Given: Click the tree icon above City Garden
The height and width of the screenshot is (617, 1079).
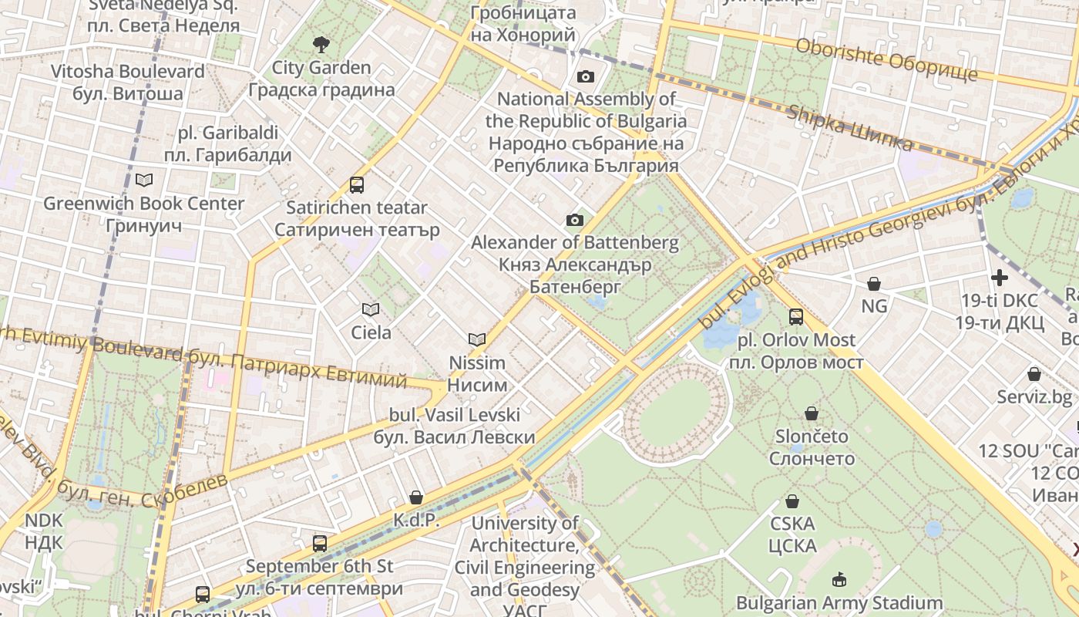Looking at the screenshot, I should pos(321,45).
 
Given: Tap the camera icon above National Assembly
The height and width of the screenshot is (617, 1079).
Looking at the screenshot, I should pos(586,76).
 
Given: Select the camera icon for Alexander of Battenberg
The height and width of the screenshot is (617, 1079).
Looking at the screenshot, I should pos(574,221).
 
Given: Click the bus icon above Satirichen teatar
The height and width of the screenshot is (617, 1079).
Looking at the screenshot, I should pos(356,185).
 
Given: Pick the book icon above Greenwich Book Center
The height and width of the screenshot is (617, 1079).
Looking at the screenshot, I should pos(143,180).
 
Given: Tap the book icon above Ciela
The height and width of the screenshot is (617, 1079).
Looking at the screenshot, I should pos(371,310).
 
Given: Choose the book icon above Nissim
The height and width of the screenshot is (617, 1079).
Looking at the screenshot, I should pos(477,339).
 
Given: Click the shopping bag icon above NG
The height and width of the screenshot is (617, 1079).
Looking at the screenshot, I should pos(874,284).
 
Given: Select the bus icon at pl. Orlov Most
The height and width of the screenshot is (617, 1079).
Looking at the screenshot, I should pos(796,317).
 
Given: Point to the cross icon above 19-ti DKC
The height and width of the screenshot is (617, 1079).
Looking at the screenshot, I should pos(1000,278).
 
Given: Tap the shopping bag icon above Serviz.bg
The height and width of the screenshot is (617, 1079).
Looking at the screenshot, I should pos(1034,375).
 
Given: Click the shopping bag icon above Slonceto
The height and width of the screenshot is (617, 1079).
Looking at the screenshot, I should pos(812,413).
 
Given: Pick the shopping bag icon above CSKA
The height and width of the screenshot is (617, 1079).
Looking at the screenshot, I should pos(792,501).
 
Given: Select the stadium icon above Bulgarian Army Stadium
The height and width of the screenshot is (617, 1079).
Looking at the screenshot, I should pos(839,579).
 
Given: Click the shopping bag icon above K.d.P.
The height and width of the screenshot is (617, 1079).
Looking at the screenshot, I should pos(416,497).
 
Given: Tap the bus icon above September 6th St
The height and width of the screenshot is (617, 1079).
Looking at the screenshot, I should pos(320,544).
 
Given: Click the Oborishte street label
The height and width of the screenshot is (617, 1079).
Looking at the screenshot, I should pos(886,59).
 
